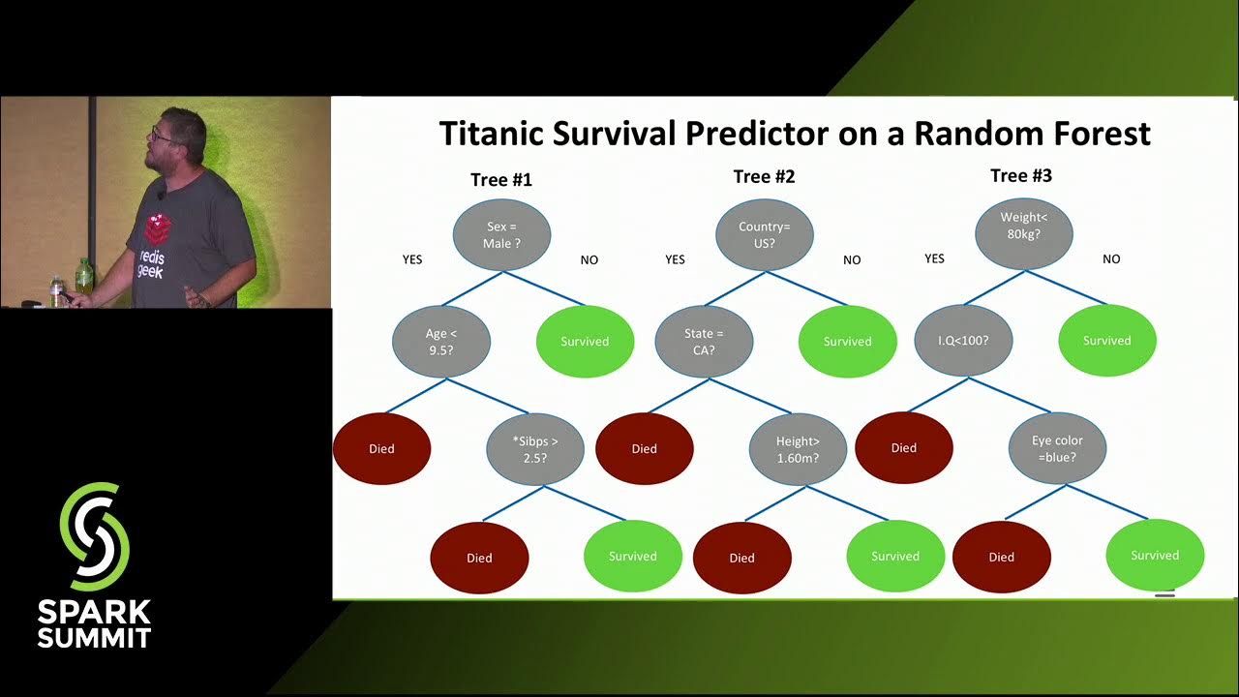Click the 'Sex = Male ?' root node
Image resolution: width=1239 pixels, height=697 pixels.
[501, 235]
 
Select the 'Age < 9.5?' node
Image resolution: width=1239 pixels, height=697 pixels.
[440, 341]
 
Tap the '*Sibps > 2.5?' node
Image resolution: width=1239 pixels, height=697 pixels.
[534, 448]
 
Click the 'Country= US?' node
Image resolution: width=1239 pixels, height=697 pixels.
[764, 235]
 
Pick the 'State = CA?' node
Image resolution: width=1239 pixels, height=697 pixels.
[704, 341]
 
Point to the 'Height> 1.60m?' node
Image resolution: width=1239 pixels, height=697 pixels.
[798, 449]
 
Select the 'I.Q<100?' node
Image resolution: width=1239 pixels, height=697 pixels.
[963, 341]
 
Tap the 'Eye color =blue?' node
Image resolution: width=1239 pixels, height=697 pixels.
[1057, 448]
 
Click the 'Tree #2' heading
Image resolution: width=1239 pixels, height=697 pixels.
[764, 176]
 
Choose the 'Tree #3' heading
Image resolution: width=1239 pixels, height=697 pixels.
[1020, 175]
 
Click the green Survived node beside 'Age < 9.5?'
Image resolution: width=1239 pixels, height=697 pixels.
[585, 341]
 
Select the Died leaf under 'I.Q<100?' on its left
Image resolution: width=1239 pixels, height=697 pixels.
[903, 448]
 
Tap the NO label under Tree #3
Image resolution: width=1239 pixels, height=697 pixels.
[1110, 259]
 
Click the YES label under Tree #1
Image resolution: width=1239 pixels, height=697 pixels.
[412, 259]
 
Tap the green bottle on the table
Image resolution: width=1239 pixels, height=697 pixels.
[84, 277]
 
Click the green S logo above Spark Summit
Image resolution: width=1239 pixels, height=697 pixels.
[94, 536]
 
